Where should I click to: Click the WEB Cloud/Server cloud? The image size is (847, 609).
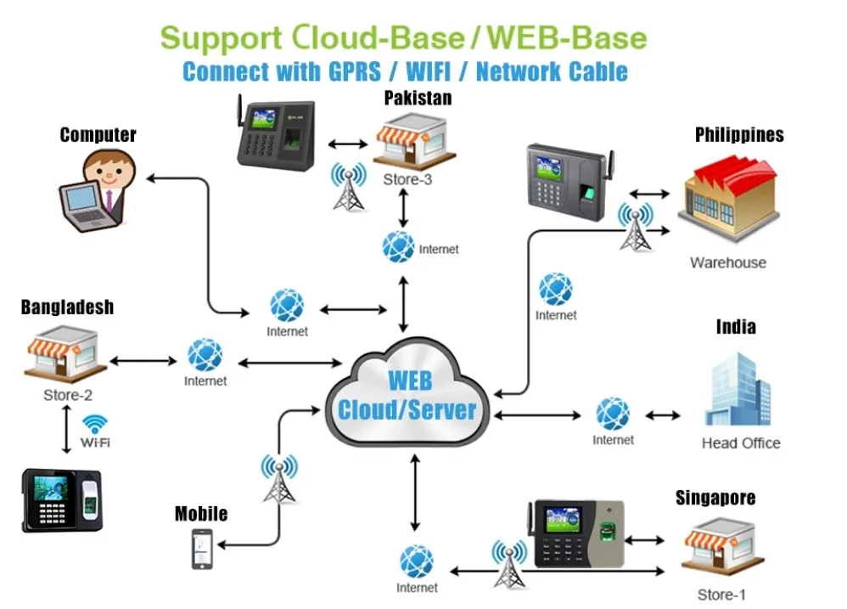click(x=407, y=392)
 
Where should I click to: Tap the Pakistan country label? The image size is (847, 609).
click(x=418, y=99)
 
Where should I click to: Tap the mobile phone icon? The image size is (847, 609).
click(x=202, y=549)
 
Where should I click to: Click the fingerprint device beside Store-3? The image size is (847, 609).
click(x=277, y=133)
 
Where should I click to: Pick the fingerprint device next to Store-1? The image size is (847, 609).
click(x=577, y=533)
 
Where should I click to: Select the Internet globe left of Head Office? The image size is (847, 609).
click(x=613, y=414)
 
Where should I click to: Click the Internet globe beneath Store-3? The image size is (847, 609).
click(x=398, y=246)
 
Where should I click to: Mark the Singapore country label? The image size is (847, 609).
click(x=715, y=497)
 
